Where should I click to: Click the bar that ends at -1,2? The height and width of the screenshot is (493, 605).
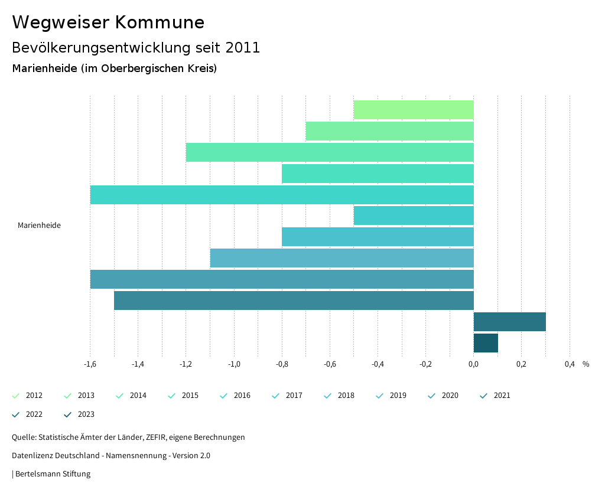click(330, 152)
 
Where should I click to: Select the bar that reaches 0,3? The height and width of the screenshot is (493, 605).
click(509, 322)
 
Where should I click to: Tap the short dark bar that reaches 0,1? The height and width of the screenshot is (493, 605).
click(486, 343)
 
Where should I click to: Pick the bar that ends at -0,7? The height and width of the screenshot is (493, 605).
click(389, 131)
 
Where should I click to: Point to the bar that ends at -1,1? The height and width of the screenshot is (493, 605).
click(341, 258)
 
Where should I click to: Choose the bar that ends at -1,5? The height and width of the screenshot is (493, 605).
click(294, 301)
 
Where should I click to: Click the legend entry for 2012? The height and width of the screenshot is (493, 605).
click(28, 396)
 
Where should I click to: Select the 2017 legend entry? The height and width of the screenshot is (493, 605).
click(288, 396)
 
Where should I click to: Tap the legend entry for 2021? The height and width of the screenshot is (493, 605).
click(496, 396)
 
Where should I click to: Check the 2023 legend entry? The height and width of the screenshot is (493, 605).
click(80, 414)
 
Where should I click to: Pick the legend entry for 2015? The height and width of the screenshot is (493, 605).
click(184, 396)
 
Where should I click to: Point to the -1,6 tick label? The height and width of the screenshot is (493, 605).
click(90, 364)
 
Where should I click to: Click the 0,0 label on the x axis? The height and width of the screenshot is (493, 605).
click(474, 364)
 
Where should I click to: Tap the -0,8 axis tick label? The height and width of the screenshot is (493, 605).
click(282, 364)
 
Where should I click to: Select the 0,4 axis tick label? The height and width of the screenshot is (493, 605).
click(570, 364)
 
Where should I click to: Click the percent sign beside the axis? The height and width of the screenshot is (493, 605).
click(586, 364)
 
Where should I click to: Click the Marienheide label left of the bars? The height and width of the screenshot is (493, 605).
click(39, 226)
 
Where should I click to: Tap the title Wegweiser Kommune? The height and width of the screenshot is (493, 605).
click(108, 22)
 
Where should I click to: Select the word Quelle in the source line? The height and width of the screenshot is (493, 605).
click(23, 438)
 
